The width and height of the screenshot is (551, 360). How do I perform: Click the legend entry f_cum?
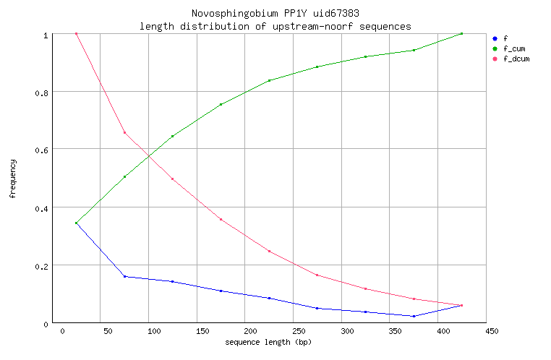coord(514,48)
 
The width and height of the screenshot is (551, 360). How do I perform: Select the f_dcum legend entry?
coord(516,59)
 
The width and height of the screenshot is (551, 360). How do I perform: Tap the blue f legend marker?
coord(494,38)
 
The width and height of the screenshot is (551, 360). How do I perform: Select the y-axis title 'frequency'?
coord(12,179)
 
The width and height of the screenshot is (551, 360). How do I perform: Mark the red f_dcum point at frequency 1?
coord(76,33)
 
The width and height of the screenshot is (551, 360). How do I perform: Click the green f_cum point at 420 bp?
coord(461,33)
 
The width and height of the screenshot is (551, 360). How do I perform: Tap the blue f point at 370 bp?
coord(414,316)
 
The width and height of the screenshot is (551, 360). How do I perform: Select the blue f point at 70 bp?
coord(124,276)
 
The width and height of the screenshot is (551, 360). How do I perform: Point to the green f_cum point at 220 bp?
coord(269,80)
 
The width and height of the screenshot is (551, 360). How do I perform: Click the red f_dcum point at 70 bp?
coord(124,132)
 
